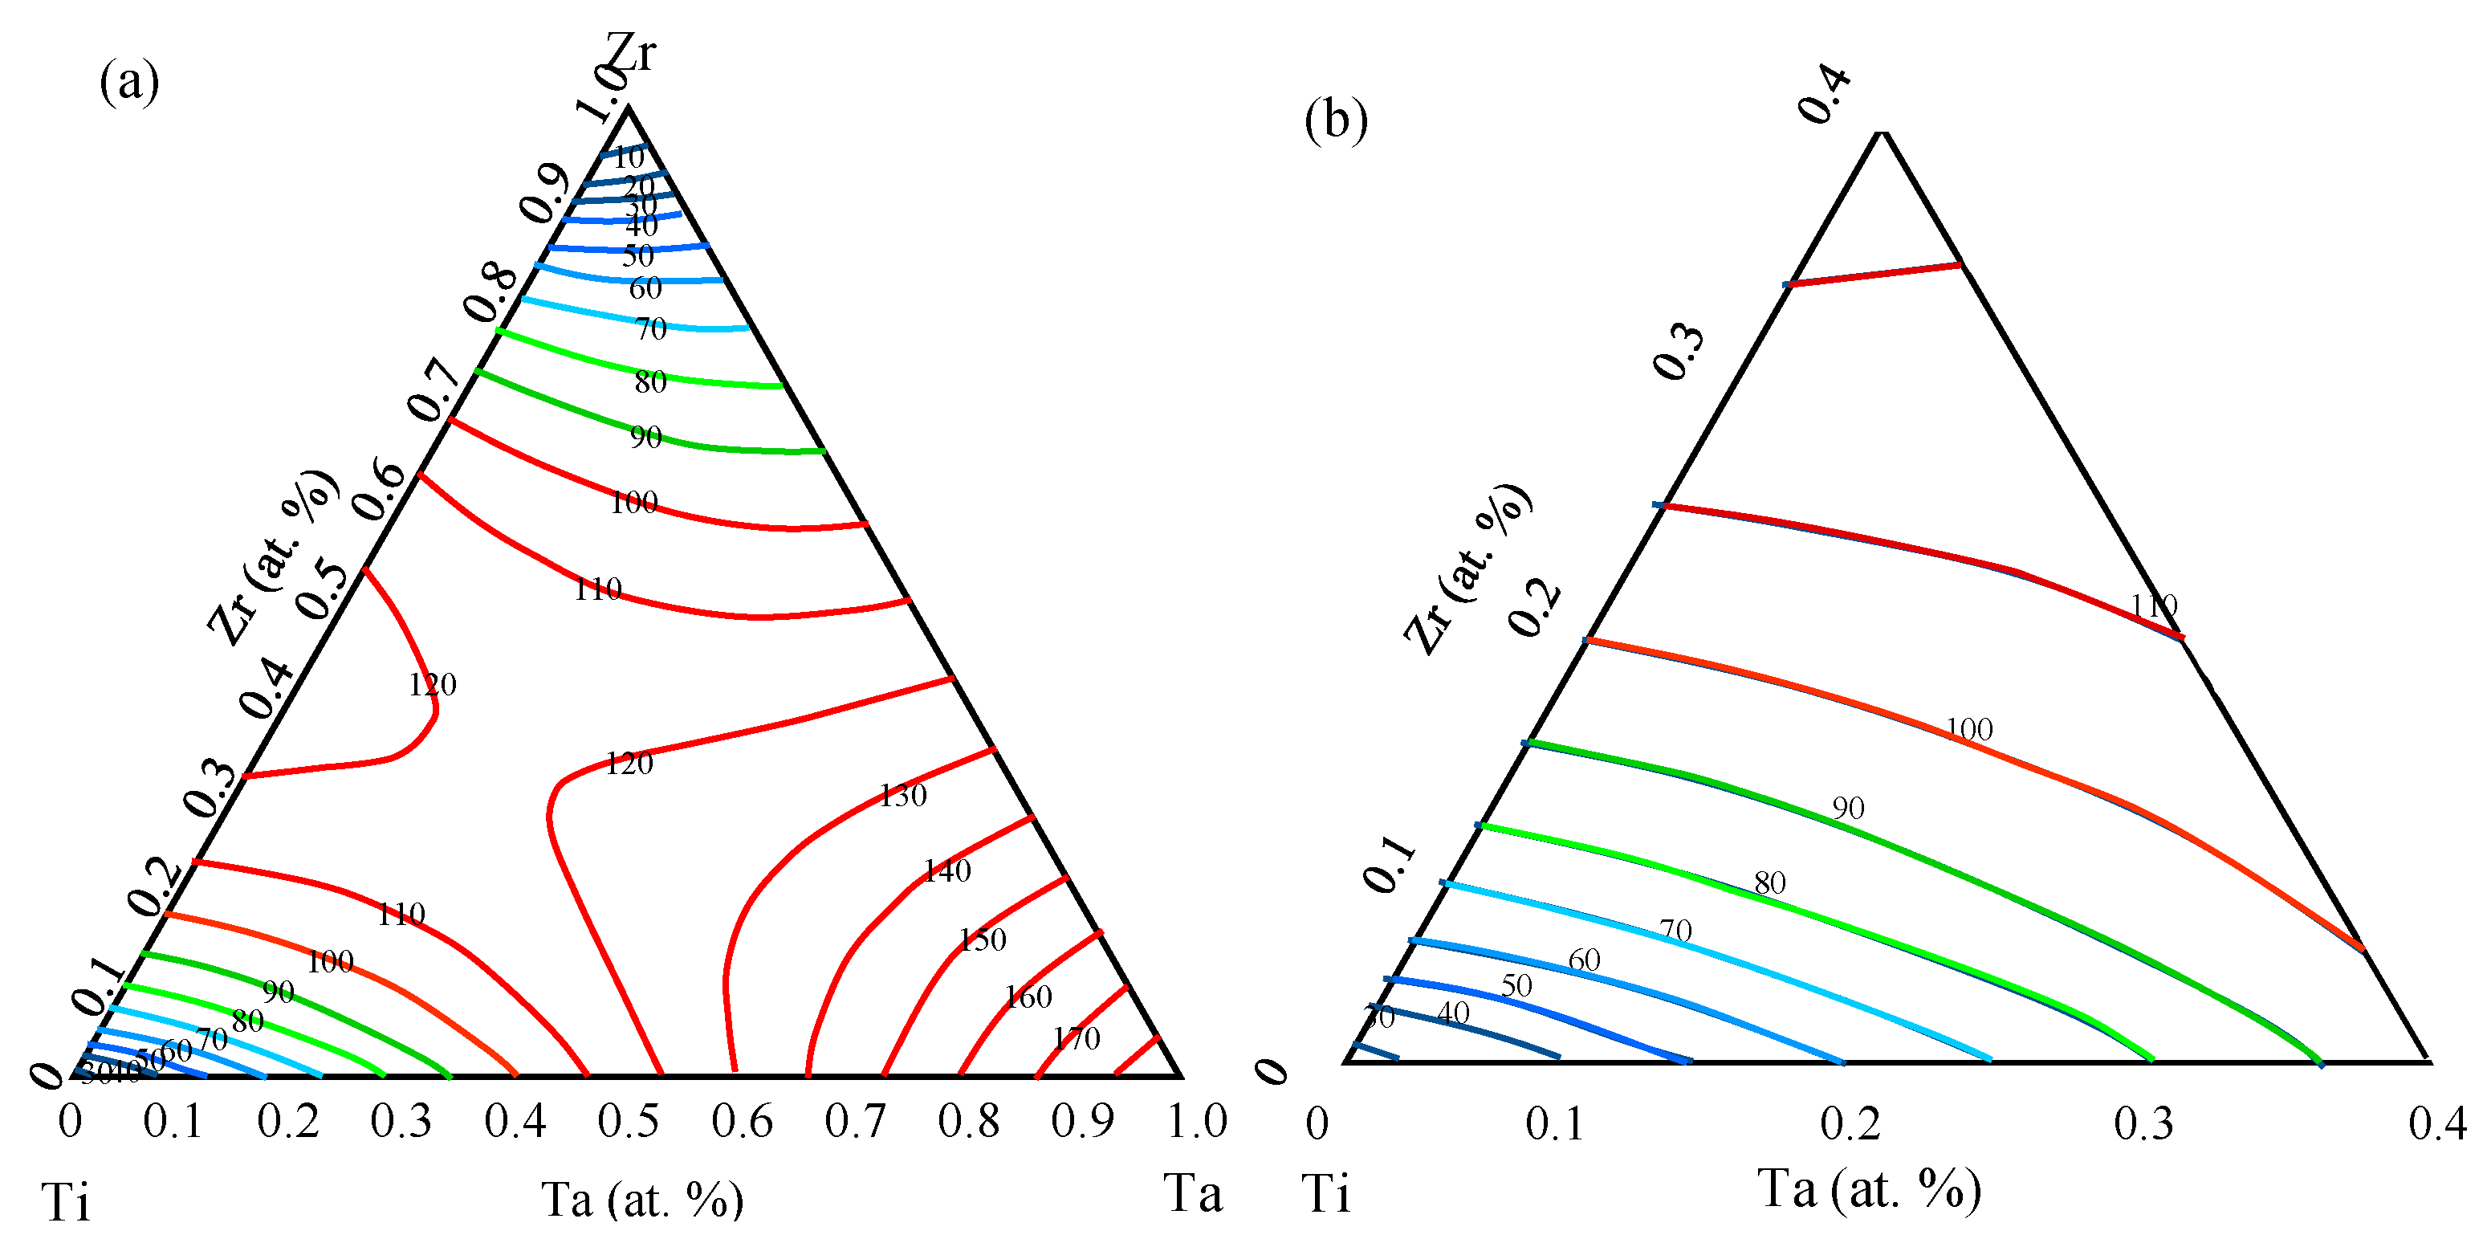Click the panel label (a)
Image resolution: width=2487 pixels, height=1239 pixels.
[129, 81]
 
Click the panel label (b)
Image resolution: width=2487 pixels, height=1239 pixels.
[1335, 120]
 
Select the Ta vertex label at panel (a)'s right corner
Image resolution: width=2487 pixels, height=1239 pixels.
[1192, 1192]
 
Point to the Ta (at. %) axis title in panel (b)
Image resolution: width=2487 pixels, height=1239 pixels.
[1869, 1188]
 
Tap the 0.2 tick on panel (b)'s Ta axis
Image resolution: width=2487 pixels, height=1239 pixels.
[1850, 1124]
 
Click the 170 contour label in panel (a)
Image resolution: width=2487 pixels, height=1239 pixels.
[1077, 1039]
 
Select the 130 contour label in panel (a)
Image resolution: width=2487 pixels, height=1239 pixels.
[902, 796]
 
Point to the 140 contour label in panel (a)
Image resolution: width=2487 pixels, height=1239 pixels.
[947, 871]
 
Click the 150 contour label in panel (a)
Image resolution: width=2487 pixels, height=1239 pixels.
[983, 939]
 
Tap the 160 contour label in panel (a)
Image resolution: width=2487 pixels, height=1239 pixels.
[1028, 996]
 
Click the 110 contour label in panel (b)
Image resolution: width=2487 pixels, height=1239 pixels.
[2154, 606]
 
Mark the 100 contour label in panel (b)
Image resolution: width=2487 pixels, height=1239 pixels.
[1968, 729]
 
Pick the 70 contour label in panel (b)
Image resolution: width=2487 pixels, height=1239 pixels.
[1676, 930]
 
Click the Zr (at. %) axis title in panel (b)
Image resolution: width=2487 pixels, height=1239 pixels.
[1467, 570]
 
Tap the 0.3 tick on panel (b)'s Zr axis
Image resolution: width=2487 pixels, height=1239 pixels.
[1679, 352]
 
